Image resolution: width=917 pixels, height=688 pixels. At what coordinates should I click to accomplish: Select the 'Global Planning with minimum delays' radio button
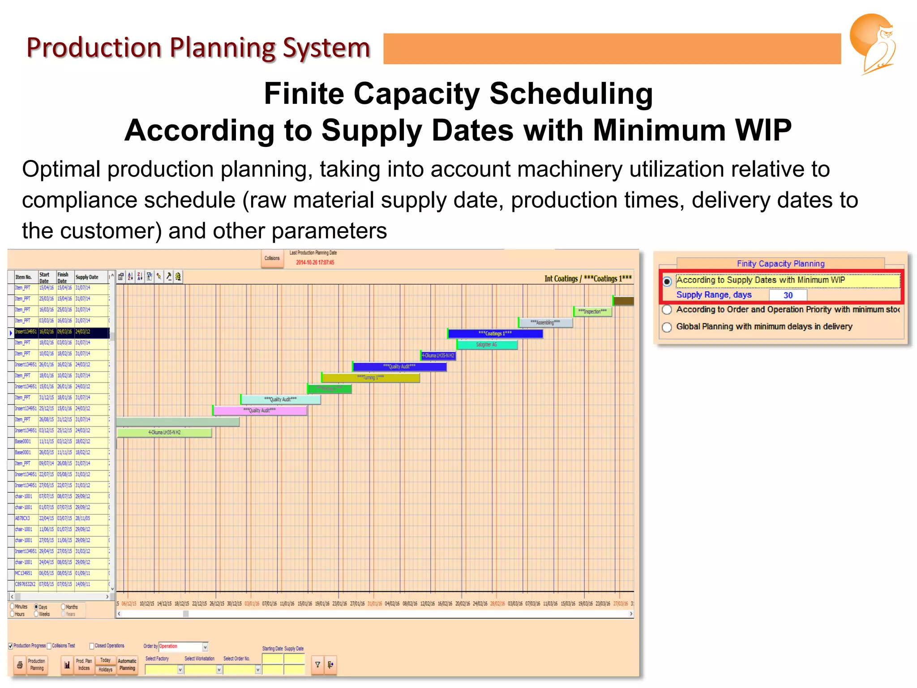click(x=667, y=327)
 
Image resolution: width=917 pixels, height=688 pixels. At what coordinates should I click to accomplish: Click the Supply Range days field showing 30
click(x=788, y=295)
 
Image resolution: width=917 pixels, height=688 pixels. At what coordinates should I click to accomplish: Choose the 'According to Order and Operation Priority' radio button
click(x=667, y=310)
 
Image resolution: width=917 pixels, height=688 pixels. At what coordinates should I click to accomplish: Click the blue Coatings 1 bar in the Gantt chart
click(x=495, y=334)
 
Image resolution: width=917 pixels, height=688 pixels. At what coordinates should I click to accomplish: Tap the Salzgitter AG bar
click(x=487, y=344)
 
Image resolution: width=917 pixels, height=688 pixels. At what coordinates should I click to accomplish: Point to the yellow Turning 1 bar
click(x=371, y=378)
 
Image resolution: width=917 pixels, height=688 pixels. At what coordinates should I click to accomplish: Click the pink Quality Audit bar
click(x=260, y=410)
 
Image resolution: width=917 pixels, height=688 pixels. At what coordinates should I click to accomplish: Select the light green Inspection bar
click(x=592, y=311)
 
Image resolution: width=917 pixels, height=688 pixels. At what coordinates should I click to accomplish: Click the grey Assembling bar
click(x=545, y=322)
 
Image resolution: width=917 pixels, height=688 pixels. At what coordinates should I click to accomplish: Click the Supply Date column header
click(x=87, y=277)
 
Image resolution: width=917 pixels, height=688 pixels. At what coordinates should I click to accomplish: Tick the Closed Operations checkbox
click(x=92, y=646)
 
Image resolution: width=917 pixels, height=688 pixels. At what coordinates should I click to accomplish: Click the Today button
click(x=105, y=660)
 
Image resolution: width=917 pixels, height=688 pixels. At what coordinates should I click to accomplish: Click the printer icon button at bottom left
click(x=20, y=665)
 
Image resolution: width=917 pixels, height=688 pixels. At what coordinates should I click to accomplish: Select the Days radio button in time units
click(x=37, y=607)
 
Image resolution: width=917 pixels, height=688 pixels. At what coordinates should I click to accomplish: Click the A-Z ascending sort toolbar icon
click(x=130, y=276)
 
